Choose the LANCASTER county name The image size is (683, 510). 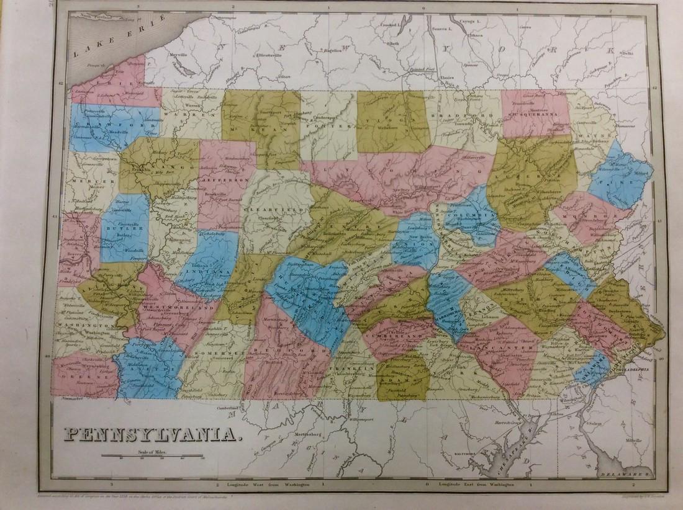pyautogui.click(x=506, y=349)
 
